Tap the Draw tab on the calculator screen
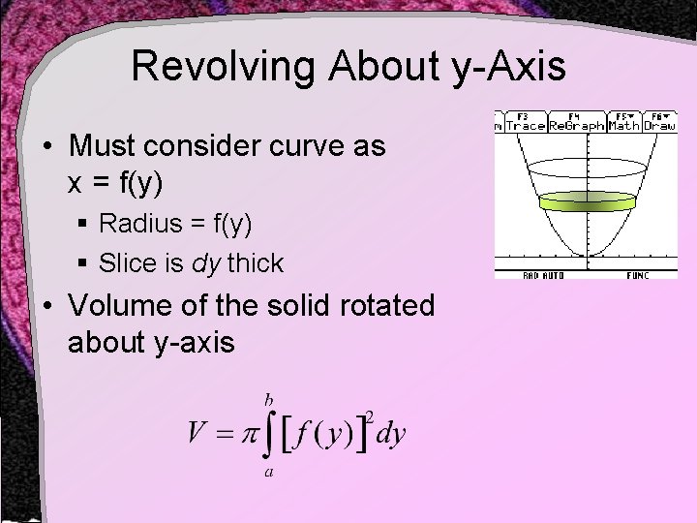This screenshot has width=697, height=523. [x=661, y=125]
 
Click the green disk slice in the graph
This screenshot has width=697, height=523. [x=586, y=201]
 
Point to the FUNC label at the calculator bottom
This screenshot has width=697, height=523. [x=636, y=275]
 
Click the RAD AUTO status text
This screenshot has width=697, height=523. [x=544, y=275]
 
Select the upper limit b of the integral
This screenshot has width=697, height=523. [x=268, y=397]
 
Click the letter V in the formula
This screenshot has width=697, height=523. [x=200, y=433]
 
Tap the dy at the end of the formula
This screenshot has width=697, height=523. [x=389, y=433]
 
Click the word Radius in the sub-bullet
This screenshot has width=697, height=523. [x=133, y=224]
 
